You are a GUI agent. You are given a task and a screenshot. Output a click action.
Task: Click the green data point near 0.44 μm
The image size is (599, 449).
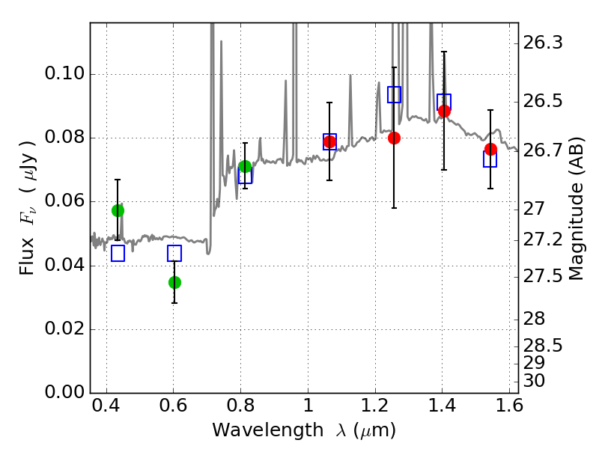118,210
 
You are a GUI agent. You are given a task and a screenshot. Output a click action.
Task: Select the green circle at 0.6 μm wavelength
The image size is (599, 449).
174,283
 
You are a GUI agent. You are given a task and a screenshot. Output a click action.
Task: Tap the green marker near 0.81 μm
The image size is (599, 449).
245,166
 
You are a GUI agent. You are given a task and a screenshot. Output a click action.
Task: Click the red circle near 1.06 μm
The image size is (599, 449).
329,141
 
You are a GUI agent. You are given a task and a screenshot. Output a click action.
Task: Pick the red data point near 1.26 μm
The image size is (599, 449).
394,138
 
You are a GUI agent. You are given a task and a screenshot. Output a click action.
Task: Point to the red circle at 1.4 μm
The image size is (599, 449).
444,111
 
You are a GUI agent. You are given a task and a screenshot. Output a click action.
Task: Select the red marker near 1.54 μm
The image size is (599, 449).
490,149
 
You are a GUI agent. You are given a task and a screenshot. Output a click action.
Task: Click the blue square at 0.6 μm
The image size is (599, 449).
174,253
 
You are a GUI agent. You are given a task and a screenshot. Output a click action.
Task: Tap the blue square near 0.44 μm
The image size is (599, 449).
118,253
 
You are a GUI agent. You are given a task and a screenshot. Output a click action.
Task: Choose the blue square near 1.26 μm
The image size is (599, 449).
394,94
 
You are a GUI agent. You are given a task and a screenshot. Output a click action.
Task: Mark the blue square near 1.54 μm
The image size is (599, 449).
490,159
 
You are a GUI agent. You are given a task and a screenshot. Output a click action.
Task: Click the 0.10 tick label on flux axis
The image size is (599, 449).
64,73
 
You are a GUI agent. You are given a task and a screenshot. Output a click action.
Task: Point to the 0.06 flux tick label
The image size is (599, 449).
64,201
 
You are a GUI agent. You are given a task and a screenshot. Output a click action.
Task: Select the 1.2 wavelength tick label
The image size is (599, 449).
375,405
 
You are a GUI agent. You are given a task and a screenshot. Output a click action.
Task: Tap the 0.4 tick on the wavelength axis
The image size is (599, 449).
106,405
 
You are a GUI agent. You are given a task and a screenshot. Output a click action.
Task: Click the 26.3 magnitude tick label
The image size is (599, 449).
542,43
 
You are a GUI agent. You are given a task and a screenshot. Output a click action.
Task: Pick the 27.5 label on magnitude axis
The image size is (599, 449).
542,276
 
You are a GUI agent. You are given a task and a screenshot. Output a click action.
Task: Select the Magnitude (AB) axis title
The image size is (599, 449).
576,209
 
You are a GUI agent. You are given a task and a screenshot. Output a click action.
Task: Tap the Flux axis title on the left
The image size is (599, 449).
27,207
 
